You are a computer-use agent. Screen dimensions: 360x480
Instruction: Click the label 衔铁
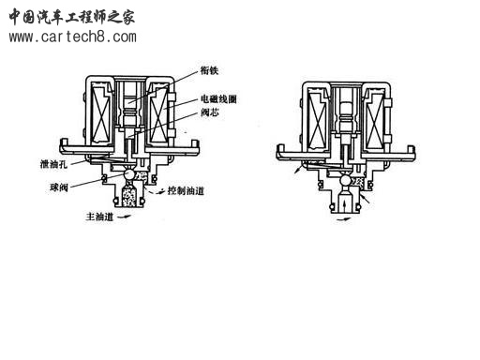[209, 68]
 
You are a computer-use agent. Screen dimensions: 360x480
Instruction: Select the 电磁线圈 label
[217, 98]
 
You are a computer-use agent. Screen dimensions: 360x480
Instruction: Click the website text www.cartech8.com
[72, 37]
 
